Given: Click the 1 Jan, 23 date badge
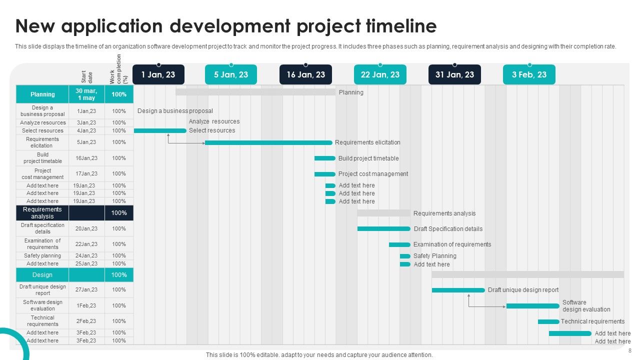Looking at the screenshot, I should click(x=158, y=74).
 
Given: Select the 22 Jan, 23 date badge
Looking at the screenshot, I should click(x=380, y=74).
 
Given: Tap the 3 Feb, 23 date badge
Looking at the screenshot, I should click(x=529, y=74).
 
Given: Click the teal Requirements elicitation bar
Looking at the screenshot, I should click(x=268, y=142).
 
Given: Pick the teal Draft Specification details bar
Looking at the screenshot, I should click(x=383, y=229).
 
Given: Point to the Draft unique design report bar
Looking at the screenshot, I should click(x=458, y=290).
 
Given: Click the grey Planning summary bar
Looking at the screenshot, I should click(x=255, y=92).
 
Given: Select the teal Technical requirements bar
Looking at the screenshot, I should click(x=548, y=321).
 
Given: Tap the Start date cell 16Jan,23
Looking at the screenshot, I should click(x=86, y=158).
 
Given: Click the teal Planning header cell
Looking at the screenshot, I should click(x=42, y=94).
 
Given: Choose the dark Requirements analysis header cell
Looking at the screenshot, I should click(x=42, y=213).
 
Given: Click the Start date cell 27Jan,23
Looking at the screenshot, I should click(x=86, y=289).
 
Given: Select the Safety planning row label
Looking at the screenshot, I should click(x=42, y=256).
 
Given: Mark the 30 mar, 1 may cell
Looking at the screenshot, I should click(x=86, y=94).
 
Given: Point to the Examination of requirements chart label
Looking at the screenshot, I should click(x=452, y=244).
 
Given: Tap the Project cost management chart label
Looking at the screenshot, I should click(x=373, y=174).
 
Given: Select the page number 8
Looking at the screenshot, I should click(x=629, y=350).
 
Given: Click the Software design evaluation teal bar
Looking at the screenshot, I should click(x=532, y=306).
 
